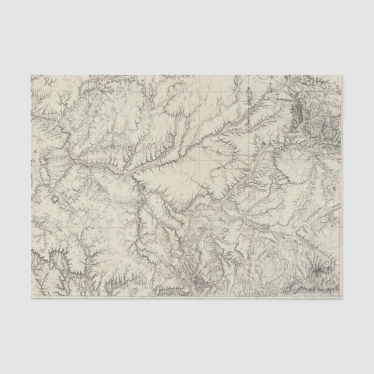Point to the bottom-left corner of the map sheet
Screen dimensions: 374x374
coord(30,298)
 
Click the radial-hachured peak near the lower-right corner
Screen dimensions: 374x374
coord(317,268)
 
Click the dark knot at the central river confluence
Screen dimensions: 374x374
coord(141,186)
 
